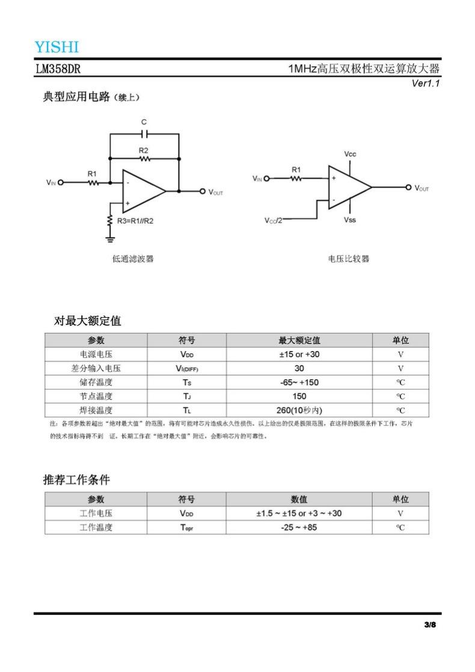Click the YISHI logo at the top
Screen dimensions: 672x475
coord(57,47)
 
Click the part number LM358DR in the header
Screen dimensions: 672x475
coord(58,69)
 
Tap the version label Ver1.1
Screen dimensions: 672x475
coord(426,84)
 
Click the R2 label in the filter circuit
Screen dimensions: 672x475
coord(143,150)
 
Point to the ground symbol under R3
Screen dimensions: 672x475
coord(110,239)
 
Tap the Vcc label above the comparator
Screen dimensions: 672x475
coord(350,154)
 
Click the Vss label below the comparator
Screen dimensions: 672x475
coord(350,220)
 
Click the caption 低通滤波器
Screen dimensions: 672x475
coord(133,259)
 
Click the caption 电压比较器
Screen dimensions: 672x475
coord(349,259)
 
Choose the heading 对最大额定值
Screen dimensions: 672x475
coord(88,321)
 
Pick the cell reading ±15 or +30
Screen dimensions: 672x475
coord(299,355)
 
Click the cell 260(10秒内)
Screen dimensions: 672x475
coord(299,411)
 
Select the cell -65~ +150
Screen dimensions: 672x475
coord(299,382)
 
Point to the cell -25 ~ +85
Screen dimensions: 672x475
coord(299,527)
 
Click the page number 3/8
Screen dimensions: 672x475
coord(429,625)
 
